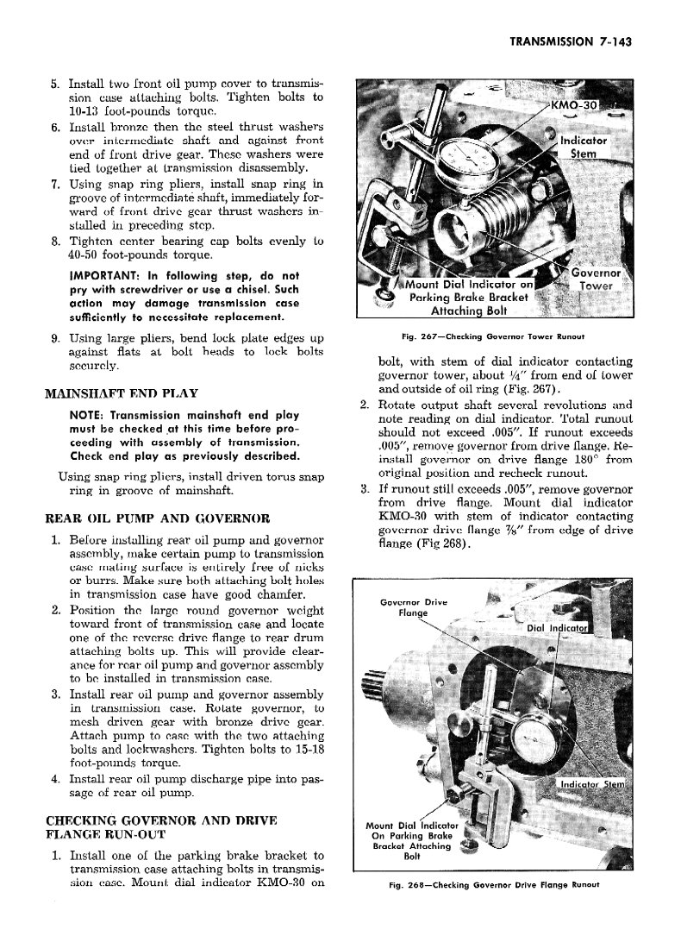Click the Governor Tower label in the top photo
[x=595, y=280]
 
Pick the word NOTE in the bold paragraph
[x=86, y=414]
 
